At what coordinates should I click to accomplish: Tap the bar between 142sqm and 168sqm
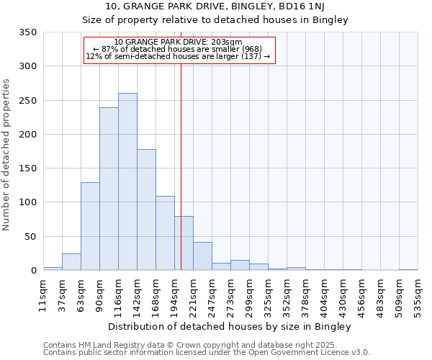coord(146,210)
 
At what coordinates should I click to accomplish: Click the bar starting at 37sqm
coord(71,262)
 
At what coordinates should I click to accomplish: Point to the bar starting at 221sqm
coord(202,256)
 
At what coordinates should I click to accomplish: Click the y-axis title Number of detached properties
coord(7,151)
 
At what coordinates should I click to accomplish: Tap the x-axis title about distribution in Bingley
coord(230,327)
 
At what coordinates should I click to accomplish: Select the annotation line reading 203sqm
coord(179,42)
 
